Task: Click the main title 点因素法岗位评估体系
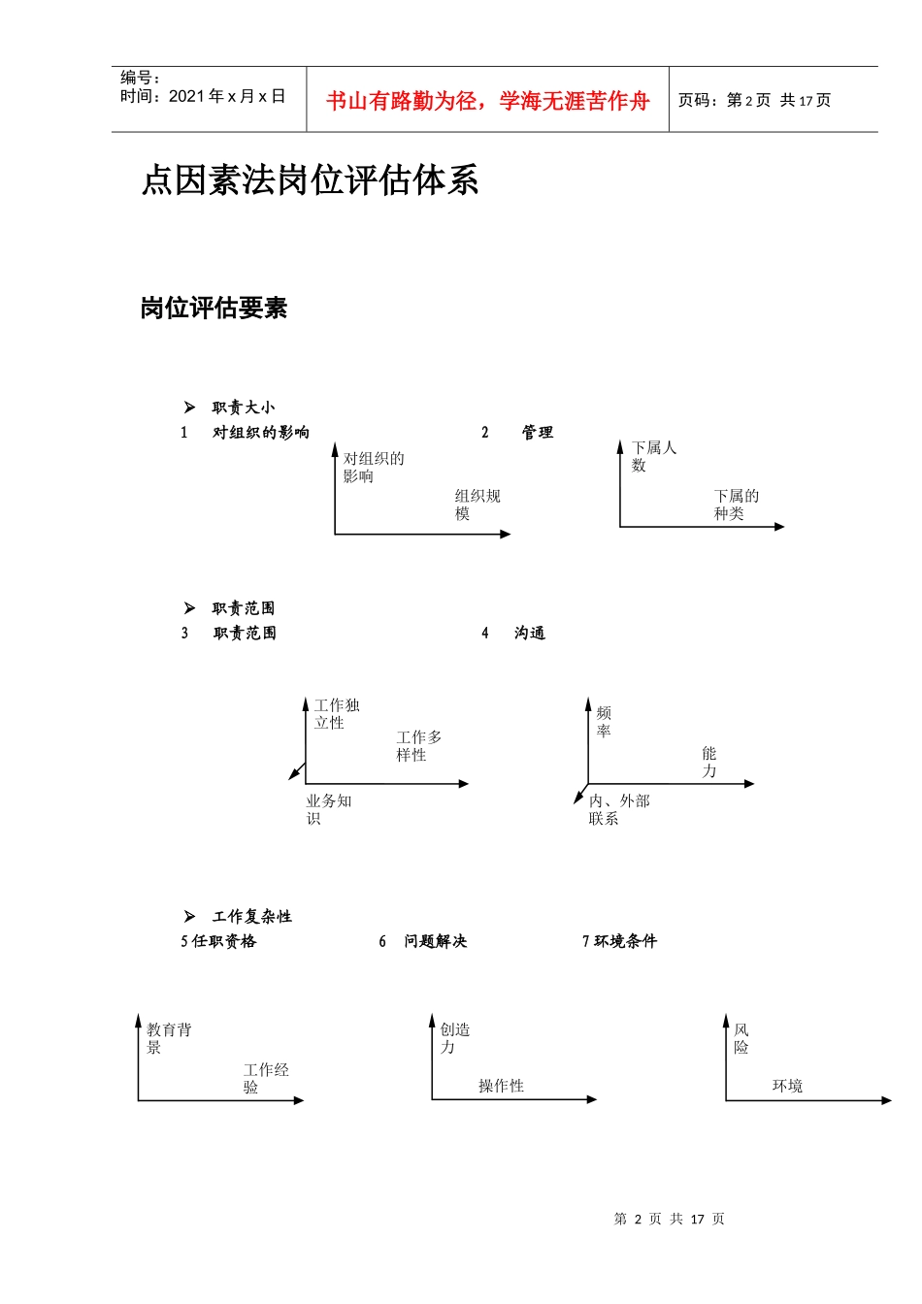(310, 180)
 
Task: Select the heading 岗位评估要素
(214, 309)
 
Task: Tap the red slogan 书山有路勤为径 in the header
(487, 101)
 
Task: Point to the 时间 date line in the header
(202, 96)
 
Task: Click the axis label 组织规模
(477, 505)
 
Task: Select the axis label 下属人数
(653, 456)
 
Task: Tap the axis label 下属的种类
(736, 505)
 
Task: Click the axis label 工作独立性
(336, 714)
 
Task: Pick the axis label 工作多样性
(418, 746)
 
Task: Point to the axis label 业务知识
(328, 809)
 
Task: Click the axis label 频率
(604, 722)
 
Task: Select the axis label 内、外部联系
(618, 809)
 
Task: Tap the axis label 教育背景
(169, 1038)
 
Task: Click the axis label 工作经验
(266, 1078)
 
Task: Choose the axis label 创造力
(454, 1038)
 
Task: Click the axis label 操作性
(501, 1086)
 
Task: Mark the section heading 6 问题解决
(425, 941)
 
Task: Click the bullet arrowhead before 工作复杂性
(189, 916)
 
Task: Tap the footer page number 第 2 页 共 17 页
(669, 1219)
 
